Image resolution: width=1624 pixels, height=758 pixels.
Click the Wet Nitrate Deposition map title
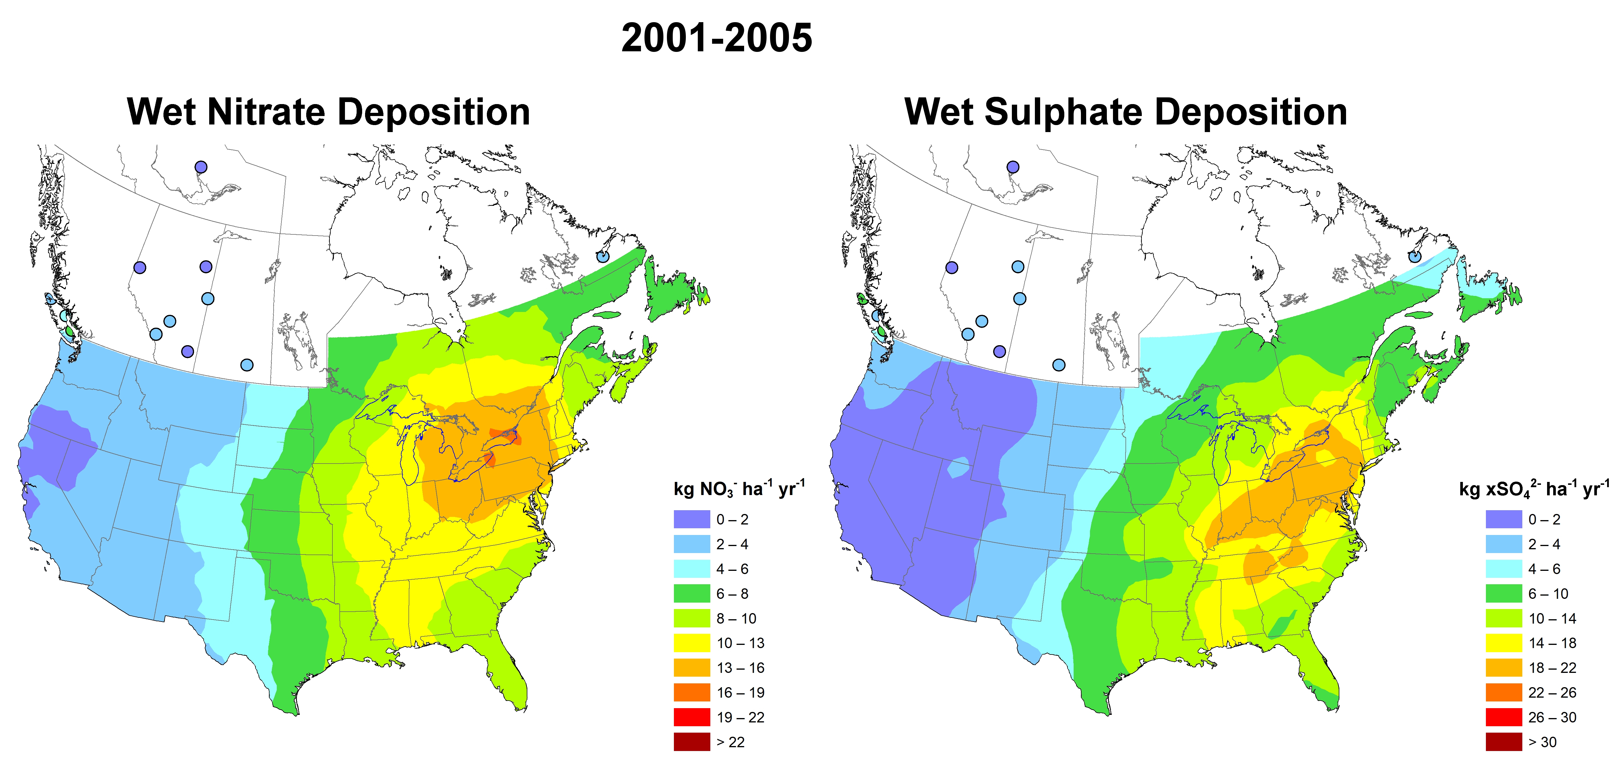point(328,112)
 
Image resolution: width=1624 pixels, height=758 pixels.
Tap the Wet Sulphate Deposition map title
point(1126,112)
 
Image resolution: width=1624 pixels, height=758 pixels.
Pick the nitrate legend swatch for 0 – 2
point(692,520)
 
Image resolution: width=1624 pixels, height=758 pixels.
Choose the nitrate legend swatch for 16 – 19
point(692,692)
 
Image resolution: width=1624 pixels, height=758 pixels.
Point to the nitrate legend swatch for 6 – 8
point(692,593)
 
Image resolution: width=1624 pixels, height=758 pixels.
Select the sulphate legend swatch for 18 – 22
point(1504,668)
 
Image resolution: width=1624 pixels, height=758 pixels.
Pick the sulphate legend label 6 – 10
point(1548,593)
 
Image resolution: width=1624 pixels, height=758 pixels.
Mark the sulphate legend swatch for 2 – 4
point(1504,544)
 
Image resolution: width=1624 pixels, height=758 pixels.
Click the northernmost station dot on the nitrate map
point(200,167)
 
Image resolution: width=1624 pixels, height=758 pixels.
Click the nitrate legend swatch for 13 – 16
point(692,668)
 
